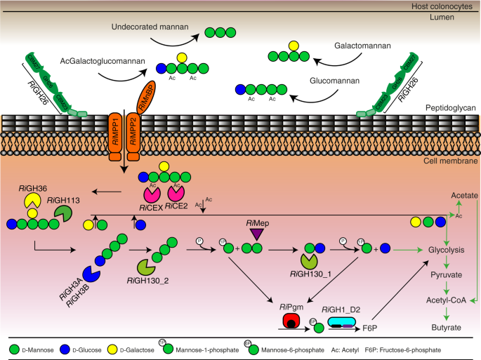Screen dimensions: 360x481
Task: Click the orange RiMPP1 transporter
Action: pyautogui.click(x=115, y=131)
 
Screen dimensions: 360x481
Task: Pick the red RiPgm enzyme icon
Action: pyautogui.click(x=271, y=321)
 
